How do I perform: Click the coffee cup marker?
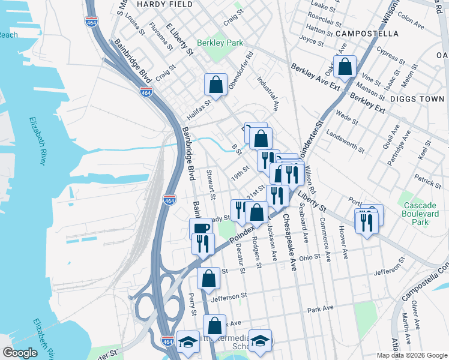tap(200, 229)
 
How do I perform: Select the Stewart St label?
tap(211, 185)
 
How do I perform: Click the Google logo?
tap(21, 353)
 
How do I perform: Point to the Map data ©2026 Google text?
tap(411, 355)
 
